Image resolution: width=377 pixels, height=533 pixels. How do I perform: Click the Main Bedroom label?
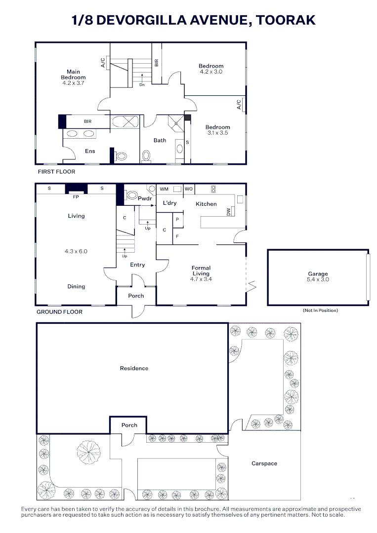[x=73, y=75]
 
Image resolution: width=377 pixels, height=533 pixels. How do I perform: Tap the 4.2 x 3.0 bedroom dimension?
[x=211, y=72]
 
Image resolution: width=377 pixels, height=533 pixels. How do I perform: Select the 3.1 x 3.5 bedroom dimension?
[x=218, y=133]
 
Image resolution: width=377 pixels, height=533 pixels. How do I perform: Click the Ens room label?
[x=90, y=151]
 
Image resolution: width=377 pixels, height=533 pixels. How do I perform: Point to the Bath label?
[x=160, y=141]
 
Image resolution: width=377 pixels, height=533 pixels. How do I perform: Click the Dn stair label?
[x=142, y=84]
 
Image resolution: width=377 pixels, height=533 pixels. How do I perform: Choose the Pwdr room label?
[x=144, y=198]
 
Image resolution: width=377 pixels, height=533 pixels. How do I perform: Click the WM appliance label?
[x=164, y=189]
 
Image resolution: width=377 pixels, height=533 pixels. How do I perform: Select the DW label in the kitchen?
[x=228, y=212]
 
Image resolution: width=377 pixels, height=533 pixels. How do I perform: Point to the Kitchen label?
[x=206, y=204]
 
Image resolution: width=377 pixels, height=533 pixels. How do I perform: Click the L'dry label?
[x=169, y=203]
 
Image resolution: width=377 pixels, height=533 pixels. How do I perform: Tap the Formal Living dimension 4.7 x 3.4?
[x=201, y=279]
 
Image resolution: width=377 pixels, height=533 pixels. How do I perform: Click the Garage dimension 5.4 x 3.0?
[x=318, y=279]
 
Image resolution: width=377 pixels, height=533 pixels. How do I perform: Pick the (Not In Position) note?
[x=320, y=310]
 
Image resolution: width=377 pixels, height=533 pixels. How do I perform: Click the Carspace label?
[x=264, y=463]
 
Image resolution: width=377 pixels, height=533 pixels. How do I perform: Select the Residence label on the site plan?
[x=134, y=368]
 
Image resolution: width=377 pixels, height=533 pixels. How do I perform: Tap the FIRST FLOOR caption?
[x=57, y=172]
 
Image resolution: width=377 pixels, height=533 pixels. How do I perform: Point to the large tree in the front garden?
[x=88, y=451]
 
